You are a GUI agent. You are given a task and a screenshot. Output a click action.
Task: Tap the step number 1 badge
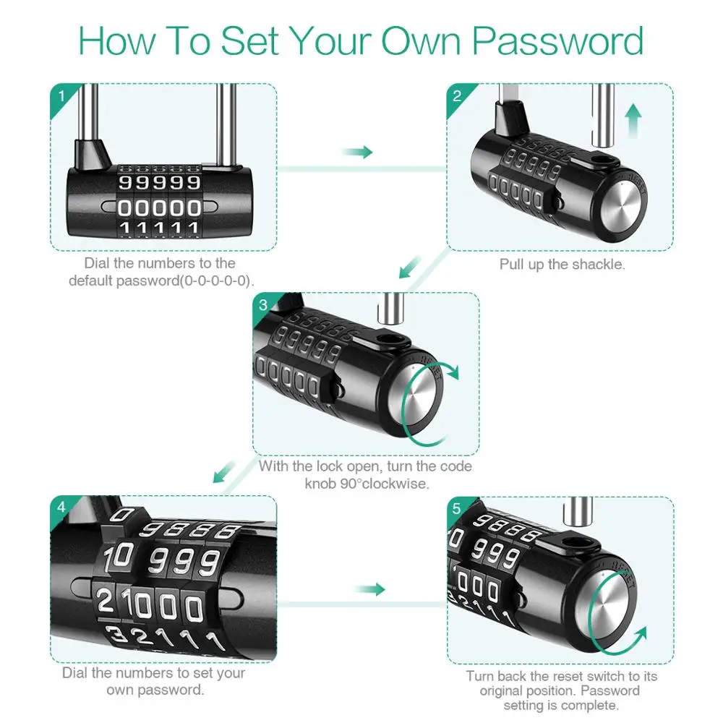click(61, 95)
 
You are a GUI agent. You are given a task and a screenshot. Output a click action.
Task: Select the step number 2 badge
click(457, 95)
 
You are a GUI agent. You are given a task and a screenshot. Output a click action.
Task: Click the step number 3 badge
click(263, 304)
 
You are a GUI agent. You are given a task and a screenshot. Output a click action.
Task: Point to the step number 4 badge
click(61, 508)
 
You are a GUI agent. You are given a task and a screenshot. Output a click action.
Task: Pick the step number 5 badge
click(455, 508)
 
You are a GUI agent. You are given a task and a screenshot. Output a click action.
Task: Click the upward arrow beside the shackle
click(633, 120)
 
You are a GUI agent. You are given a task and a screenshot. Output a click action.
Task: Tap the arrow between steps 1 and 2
click(357, 152)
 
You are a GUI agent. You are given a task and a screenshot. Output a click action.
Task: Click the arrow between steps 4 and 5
click(369, 589)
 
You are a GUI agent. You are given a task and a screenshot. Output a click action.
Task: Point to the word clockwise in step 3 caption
click(394, 484)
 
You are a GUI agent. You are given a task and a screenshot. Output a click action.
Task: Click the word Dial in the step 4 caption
click(77, 673)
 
